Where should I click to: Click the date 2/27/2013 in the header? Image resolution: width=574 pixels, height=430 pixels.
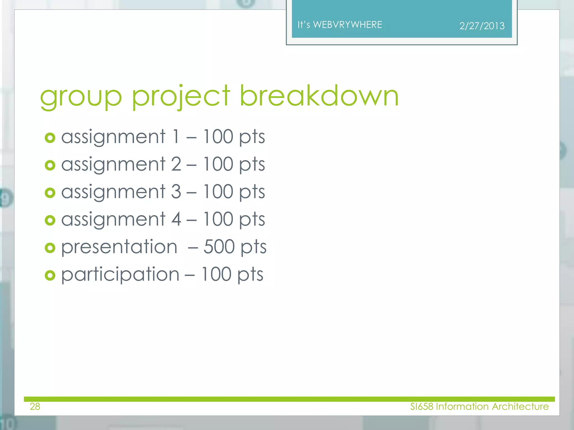tap(482, 26)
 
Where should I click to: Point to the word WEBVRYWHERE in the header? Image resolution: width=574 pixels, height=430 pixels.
tap(348, 25)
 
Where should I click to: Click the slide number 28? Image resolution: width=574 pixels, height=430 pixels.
tap(35, 406)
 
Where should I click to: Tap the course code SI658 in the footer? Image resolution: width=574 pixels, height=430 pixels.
tap(422, 406)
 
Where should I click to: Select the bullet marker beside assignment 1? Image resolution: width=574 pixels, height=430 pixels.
tap(50, 138)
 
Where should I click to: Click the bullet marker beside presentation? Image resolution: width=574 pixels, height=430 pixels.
tap(50, 248)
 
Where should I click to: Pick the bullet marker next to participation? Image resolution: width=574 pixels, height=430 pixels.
tap(50, 275)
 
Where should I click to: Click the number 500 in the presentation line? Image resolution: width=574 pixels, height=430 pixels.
tap(219, 247)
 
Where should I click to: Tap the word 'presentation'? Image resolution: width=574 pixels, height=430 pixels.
tap(119, 247)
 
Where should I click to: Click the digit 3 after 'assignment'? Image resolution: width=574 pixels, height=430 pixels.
tap(176, 192)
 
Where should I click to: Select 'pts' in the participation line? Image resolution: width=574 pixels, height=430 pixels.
tap(250, 275)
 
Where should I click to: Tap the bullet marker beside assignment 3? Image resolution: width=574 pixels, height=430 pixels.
tap(50, 193)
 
